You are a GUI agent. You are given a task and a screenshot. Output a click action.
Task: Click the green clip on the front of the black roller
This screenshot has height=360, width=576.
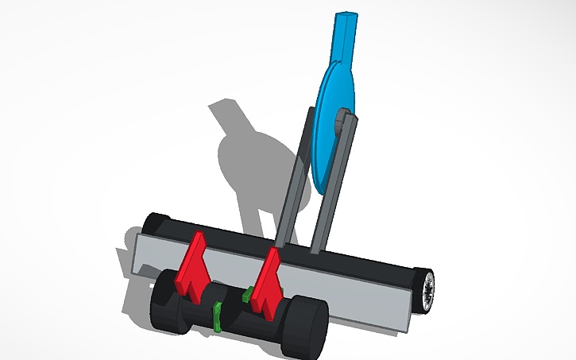(x=216, y=315)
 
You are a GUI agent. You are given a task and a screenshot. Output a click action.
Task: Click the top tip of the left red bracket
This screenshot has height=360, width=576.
(x=199, y=235)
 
